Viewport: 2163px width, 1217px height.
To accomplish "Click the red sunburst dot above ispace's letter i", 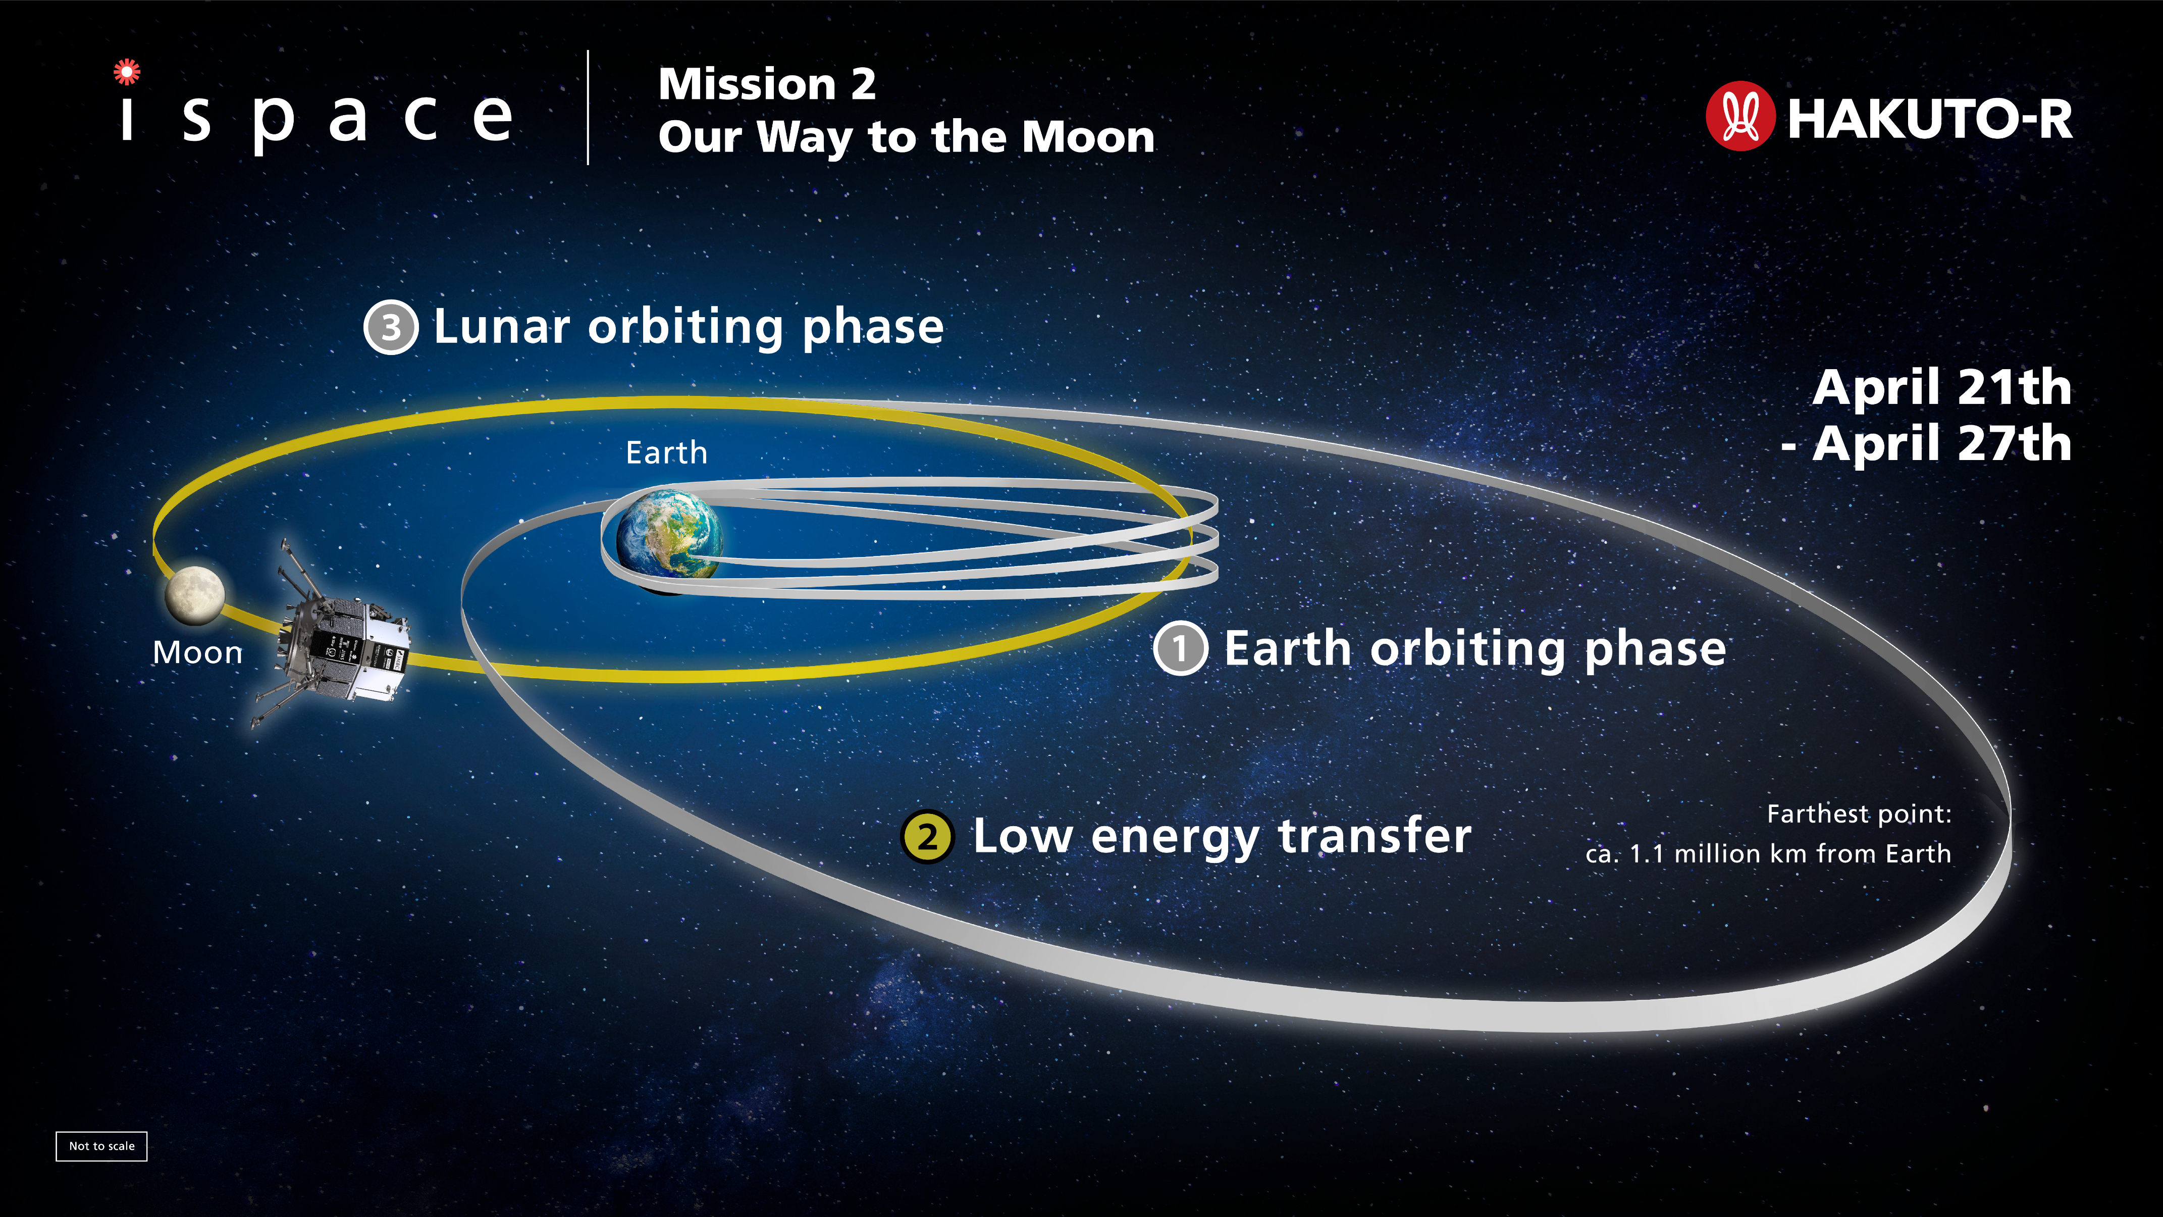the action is click(127, 72).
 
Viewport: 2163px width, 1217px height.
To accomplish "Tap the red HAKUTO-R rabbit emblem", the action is click(1740, 116).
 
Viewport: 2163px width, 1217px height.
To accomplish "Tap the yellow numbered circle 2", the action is click(927, 837).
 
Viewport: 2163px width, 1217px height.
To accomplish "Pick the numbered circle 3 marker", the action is click(390, 327).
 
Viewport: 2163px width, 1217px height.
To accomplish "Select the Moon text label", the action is click(197, 652).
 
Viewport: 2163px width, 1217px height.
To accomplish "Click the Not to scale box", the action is click(101, 1146).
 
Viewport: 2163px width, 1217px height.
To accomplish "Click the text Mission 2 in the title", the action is click(767, 84).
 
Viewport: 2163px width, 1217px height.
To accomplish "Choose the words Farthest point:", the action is click(1859, 815).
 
